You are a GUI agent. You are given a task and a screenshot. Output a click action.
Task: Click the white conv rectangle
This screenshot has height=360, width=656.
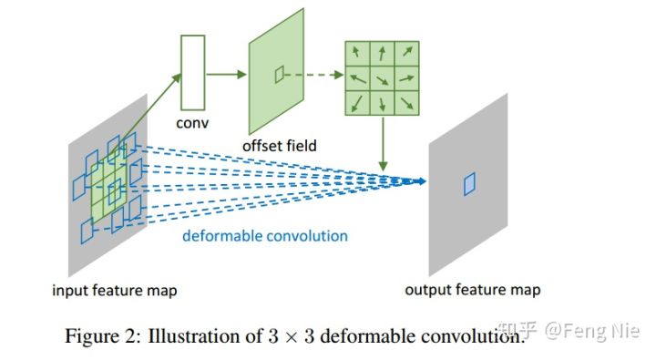point(193,72)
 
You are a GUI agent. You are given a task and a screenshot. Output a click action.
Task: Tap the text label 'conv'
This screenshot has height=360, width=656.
point(192,121)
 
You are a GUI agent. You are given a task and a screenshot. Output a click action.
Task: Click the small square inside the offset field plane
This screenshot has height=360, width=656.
point(280,77)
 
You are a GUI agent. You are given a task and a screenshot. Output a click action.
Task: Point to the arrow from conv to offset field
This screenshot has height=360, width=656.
point(227,74)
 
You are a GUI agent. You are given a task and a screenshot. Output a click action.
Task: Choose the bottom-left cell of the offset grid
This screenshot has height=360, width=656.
point(355,104)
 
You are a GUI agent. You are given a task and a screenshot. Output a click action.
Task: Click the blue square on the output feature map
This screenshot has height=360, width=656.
point(469,183)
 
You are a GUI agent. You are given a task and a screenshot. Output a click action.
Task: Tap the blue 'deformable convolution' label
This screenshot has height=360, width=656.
point(264,236)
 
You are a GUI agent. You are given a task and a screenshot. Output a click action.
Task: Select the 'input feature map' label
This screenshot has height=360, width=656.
point(115,291)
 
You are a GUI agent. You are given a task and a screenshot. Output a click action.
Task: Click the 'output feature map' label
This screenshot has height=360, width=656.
point(472,290)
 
